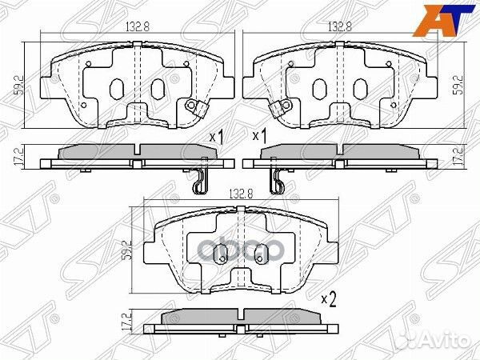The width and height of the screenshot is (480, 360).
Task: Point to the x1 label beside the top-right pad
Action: click(x=258, y=137)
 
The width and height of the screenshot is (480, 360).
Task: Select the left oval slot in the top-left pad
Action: click(x=116, y=87)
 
